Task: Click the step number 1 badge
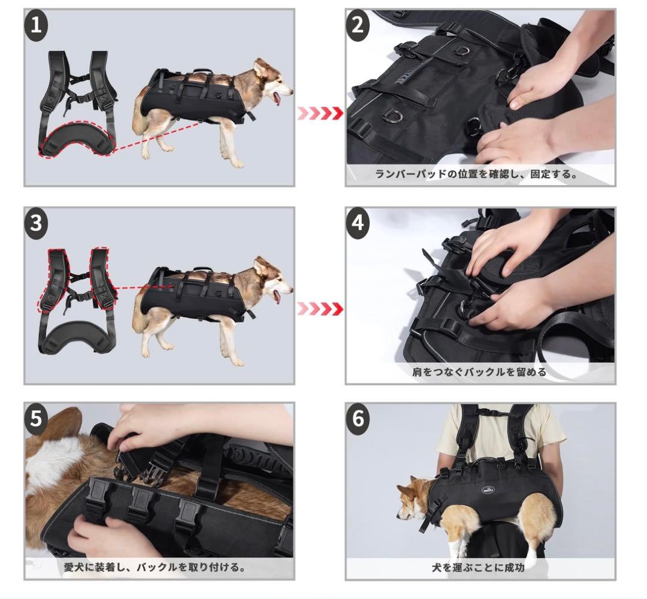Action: [36, 25]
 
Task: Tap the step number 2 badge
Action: [357, 25]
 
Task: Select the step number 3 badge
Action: [36, 223]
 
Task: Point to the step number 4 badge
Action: [357, 223]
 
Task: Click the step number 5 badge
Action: [36, 418]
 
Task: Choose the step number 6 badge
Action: [357, 418]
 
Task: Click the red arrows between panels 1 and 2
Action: [320, 113]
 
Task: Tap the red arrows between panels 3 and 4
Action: [320, 308]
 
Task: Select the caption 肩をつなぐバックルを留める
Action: [479, 372]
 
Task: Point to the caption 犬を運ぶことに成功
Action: [478, 568]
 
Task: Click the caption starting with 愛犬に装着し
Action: [155, 567]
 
